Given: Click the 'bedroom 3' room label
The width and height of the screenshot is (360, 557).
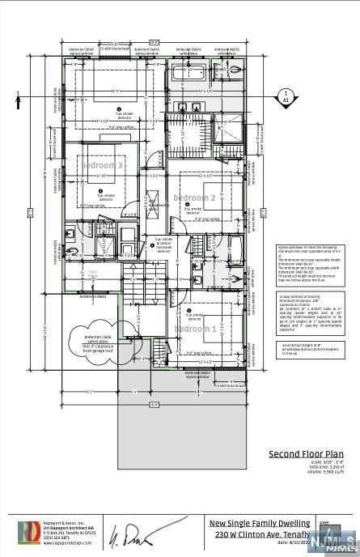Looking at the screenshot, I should (x=102, y=165).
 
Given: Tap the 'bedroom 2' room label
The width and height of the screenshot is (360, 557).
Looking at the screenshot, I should (x=194, y=198).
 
